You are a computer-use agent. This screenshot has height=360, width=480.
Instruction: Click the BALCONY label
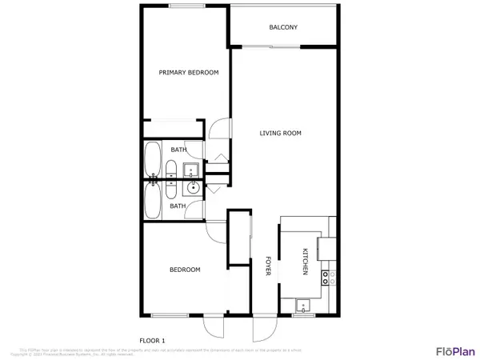click(283, 27)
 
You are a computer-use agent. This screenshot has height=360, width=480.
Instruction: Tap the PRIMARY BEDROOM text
click(188, 73)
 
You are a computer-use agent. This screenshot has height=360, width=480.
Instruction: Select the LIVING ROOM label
click(280, 133)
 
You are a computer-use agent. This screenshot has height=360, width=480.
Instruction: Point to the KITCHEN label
click(305, 262)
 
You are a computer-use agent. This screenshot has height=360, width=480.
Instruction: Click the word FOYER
click(268, 267)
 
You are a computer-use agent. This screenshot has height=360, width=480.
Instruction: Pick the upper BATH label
click(178, 149)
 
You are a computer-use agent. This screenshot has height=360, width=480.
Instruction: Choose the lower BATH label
click(178, 206)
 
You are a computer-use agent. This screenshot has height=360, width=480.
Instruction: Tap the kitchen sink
click(303, 306)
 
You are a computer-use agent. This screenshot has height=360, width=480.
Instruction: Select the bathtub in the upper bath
click(151, 160)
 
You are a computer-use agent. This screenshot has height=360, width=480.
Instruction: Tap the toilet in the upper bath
click(171, 169)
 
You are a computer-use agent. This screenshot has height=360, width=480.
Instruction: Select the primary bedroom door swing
click(221, 129)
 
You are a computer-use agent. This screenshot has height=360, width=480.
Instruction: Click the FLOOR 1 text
click(152, 340)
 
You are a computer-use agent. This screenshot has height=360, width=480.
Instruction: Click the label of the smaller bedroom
click(185, 270)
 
